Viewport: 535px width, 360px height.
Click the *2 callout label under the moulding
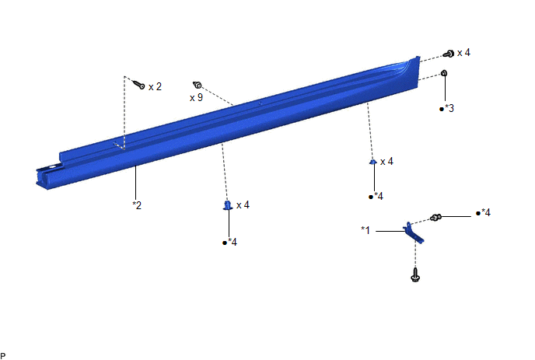(x=137, y=205)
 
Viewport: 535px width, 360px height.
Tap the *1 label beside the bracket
(x=365, y=230)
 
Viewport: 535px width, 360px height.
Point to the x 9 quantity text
(x=196, y=98)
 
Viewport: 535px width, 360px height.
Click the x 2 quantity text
(x=156, y=86)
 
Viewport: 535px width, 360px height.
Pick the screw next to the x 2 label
(x=139, y=84)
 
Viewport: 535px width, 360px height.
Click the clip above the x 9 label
(x=198, y=85)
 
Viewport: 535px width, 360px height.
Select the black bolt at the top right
(x=449, y=54)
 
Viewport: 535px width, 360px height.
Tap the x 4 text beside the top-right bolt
(x=464, y=53)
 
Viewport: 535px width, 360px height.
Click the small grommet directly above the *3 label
(x=444, y=73)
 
